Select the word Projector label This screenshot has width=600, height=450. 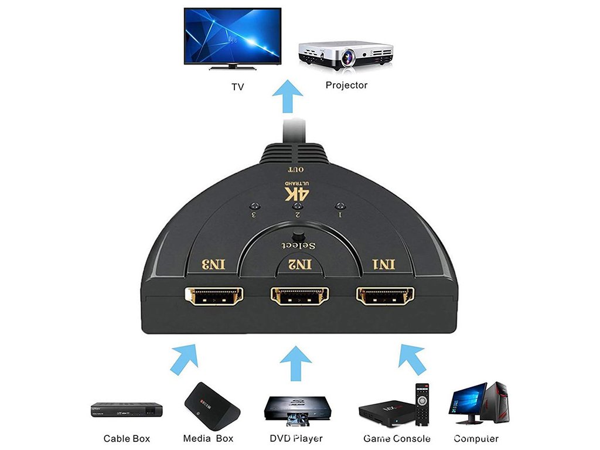pos(346,86)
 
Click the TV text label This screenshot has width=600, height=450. pos(237,87)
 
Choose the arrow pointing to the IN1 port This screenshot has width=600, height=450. pos(411,359)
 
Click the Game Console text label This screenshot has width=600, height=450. pos(397,439)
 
